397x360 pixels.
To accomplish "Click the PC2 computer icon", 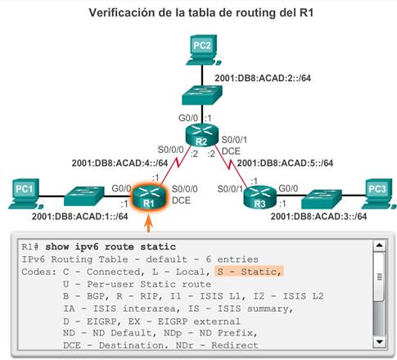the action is point(203,50).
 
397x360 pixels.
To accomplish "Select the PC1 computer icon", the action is point(25,194).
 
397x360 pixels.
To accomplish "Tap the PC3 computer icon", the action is point(380,194).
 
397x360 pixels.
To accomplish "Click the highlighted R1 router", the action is point(149,197).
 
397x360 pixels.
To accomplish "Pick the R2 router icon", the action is point(202,134).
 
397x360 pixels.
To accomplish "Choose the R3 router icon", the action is point(259,197).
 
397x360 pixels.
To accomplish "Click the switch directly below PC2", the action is point(202,95).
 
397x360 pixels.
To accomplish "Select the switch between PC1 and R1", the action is point(84,196).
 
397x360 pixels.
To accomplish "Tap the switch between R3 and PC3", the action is point(322,199).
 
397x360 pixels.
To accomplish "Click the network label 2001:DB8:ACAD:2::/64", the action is point(263,79).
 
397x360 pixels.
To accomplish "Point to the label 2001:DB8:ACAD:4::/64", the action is point(120,163).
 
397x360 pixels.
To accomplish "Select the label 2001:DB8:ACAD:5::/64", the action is point(285,163).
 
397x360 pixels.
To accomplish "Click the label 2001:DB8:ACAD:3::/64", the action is point(318,217).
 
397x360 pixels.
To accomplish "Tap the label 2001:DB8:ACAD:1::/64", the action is point(80,217).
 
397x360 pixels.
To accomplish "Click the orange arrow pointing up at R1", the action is point(148,223).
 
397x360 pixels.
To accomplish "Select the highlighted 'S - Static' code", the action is point(249,272).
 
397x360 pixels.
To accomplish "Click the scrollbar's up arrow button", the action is point(379,245).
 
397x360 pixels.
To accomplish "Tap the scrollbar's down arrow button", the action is point(379,341).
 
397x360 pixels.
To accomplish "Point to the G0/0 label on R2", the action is point(188,118).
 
